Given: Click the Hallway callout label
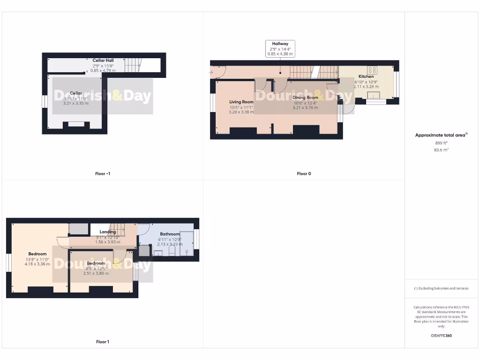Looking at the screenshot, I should [280, 44].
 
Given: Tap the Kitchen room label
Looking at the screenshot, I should [366, 76].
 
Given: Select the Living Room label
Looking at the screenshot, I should [241, 102].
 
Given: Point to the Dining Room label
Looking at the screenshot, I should [305, 97].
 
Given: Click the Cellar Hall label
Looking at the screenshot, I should [103, 60].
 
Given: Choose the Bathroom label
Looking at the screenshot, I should [170, 234].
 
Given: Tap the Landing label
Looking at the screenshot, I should [108, 232].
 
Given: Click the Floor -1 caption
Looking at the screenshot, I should [103, 173].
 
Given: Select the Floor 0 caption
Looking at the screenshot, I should [304, 173].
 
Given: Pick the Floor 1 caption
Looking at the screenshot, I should [103, 342].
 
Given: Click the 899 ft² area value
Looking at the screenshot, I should [442, 142].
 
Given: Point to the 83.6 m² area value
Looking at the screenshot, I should [442, 150].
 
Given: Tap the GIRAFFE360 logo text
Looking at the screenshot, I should [441, 336].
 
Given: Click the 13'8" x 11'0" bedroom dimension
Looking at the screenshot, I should [37, 259].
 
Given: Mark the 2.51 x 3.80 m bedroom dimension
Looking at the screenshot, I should [96, 273].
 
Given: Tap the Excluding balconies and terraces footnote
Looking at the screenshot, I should [441, 288].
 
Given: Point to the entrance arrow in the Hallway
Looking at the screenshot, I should [211, 72].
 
